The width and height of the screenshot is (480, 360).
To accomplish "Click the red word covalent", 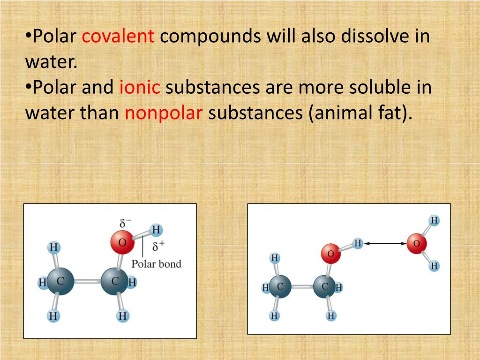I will point(118,36).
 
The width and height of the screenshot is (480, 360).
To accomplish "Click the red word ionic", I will point(140,87).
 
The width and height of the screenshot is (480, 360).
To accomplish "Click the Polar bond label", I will point(156,263).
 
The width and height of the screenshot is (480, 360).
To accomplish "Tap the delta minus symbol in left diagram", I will point(125,223).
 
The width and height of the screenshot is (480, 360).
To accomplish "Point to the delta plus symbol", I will point(158,246).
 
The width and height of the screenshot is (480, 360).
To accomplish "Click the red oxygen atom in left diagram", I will point(122,242).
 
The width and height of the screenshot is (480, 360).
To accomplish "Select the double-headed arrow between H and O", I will point(385,243).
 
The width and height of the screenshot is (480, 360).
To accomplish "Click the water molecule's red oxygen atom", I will point(416,244).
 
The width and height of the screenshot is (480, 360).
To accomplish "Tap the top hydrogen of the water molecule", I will point(435,220).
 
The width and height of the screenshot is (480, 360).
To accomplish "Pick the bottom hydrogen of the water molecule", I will point(435,266).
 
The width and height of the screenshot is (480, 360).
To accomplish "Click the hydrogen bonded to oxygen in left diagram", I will point(156,230).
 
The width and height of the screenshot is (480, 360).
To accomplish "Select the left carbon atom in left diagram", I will point(60,282).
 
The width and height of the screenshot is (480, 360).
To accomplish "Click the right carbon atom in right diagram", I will point(324,286).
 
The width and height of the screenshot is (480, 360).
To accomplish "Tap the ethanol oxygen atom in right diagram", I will point(330,254).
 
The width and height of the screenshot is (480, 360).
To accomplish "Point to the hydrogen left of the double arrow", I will point(358,243).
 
